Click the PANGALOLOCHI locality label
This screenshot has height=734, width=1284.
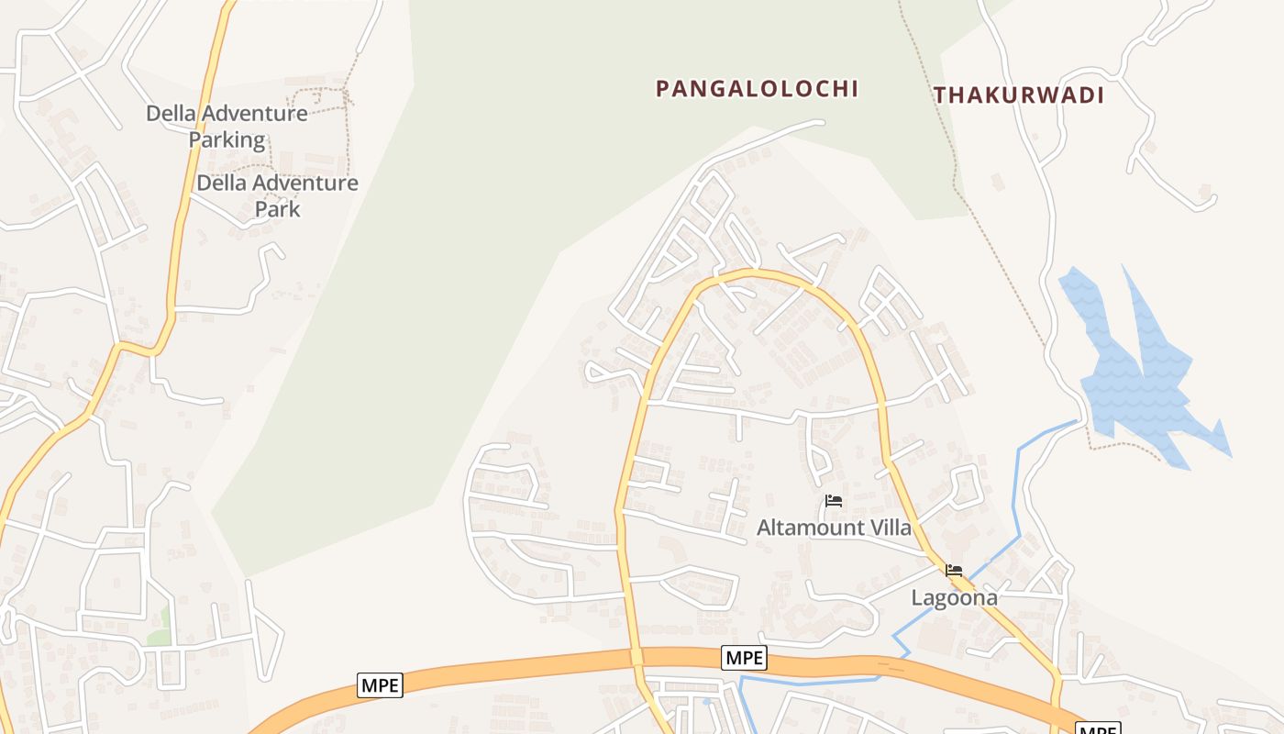click(757, 89)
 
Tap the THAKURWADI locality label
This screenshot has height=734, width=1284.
click(1018, 95)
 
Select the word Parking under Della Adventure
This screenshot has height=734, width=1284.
click(227, 140)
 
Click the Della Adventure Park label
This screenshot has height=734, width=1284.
click(277, 195)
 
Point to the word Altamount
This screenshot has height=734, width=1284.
click(810, 528)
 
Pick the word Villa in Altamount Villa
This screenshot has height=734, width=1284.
click(889, 528)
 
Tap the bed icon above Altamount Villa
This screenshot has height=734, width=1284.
click(834, 501)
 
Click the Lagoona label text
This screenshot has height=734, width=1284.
click(954, 598)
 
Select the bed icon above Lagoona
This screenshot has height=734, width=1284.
click(954, 571)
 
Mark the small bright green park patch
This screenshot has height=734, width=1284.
click(160, 628)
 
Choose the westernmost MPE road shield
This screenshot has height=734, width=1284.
click(380, 685)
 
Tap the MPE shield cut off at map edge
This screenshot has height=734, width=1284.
click(1097, 729)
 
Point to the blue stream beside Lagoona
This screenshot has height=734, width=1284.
click(1016, 495)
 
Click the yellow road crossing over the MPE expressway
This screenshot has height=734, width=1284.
click(636, 658)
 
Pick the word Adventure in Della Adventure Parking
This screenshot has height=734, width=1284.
click(253, 114)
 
